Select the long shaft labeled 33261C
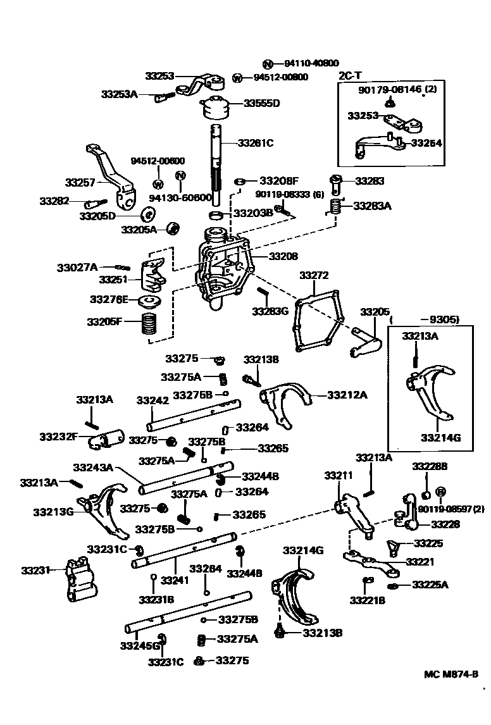click(216, 164)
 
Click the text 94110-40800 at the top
click(311, 63)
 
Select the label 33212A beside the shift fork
click(347, 395)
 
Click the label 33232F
click(58, 437)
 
